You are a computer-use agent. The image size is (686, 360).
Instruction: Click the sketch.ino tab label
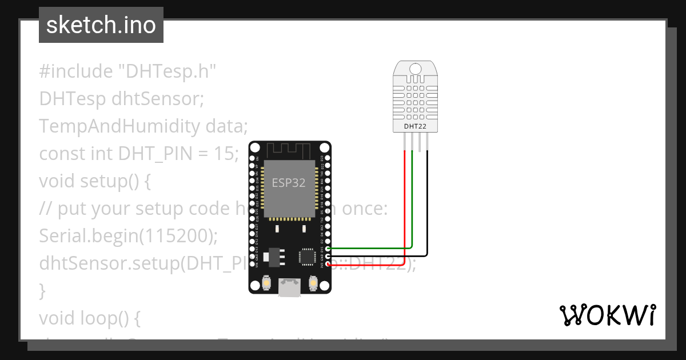point(101,25)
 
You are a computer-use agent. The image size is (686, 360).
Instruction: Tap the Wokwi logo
point(607,315)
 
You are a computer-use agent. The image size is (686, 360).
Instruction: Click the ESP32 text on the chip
point(288,183)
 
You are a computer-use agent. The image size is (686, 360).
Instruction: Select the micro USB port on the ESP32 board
point(289,287)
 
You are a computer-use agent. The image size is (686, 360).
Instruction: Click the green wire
point(412,211)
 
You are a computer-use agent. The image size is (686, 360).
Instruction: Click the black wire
point(426,211)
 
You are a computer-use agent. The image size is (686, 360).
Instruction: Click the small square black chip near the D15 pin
point(307,257)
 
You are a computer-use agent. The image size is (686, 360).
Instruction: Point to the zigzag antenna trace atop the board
point(289,150)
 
